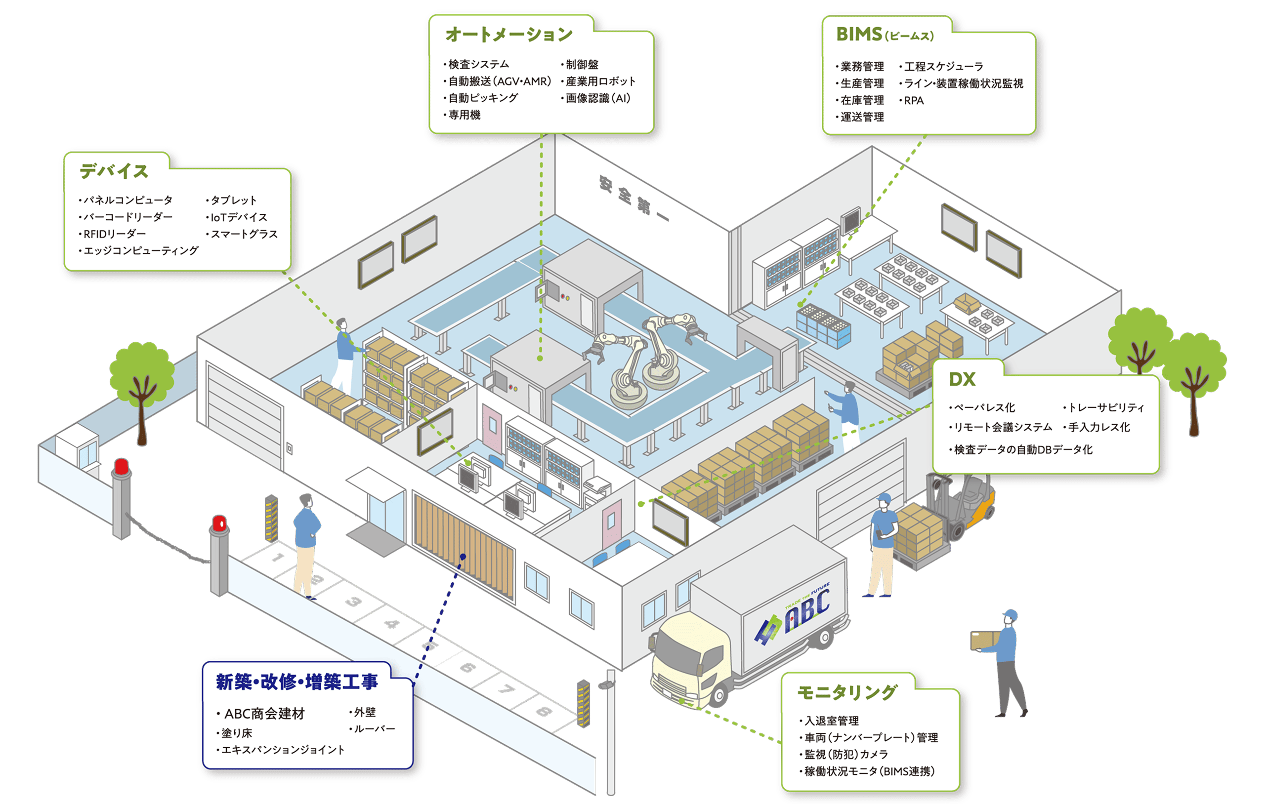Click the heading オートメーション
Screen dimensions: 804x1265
[x=508, y=35]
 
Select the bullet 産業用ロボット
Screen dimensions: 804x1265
[x=600, y=81]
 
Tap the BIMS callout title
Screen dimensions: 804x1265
[x=885, y=35]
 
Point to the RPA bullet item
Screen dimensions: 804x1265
[x=914, y=100]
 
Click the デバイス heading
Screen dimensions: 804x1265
[x=114, y=171]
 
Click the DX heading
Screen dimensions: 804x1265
[x=962, y=379]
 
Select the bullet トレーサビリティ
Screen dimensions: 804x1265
[x=1106, y=407]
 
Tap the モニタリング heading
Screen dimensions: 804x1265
[x=847, y=692]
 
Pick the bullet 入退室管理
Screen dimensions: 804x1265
[x=832, y=721]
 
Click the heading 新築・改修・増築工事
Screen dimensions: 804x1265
[x=297, y=682]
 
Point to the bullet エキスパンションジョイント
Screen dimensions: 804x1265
[x=283, y=750]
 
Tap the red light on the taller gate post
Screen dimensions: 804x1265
[x=122, y=466]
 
